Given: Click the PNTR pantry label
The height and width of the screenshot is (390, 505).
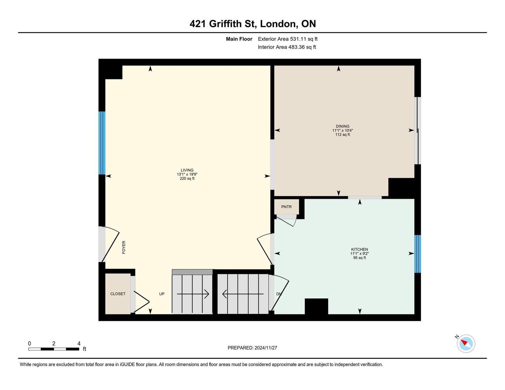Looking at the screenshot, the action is point(286,207).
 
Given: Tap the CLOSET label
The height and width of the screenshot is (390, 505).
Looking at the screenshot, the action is point(118,294).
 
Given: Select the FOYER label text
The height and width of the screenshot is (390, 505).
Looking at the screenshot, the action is point(124,247).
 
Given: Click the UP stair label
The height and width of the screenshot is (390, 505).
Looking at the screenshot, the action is point(162,294).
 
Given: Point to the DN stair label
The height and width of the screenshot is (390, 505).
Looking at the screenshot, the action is point(279,294).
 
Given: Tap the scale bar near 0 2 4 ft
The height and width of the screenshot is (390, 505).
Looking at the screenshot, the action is point(54,349).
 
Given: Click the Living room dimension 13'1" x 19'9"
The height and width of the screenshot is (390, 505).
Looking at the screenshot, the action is point(187,174).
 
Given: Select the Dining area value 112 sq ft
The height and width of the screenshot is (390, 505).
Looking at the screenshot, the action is point(343,135).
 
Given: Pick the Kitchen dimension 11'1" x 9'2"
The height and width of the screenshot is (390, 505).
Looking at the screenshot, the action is point(360,254).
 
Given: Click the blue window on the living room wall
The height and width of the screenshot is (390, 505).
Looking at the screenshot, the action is point(102,143).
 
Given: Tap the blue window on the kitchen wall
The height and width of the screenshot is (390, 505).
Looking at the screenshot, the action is point(418,254).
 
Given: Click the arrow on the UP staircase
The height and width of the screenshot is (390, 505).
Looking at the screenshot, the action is point(193,294).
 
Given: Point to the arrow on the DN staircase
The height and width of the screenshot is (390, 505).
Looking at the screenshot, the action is point(243,294).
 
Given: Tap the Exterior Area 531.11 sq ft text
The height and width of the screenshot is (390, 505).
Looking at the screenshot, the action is point(288,39).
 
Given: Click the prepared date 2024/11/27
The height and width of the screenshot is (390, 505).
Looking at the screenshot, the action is point(266,348).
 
